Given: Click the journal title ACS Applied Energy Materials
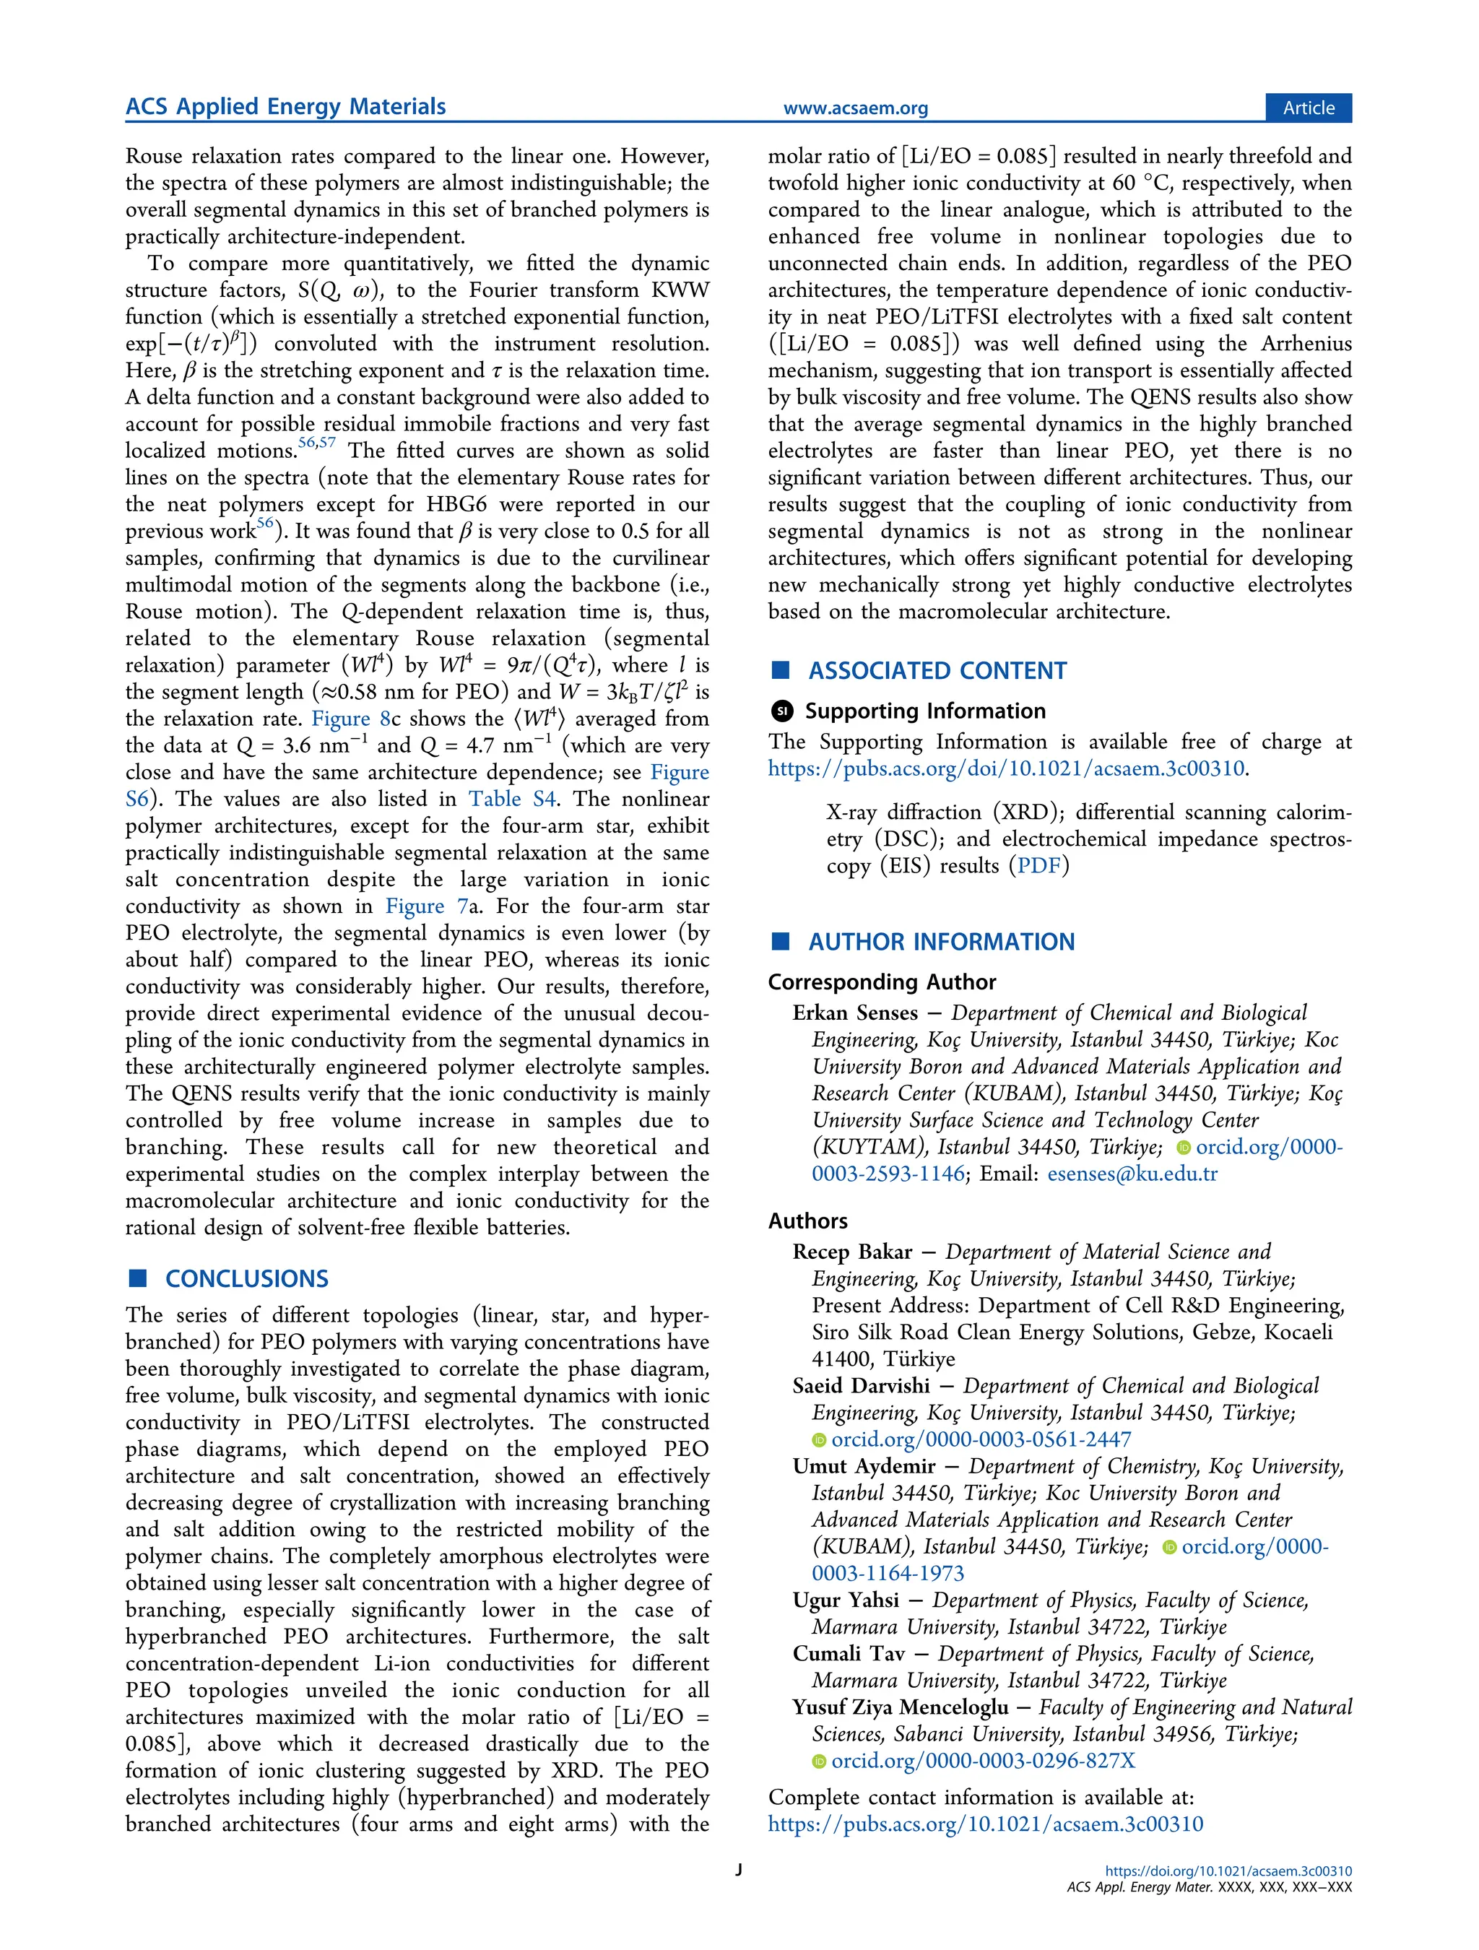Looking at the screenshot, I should click(285, 107).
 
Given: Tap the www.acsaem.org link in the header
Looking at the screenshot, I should click(855, 108).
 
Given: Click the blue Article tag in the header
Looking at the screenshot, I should click(1308, 108).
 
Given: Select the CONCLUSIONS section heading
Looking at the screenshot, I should click(247, 1278).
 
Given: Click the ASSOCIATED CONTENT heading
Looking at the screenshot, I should click(937, 671).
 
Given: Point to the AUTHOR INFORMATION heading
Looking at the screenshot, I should click(941, 942).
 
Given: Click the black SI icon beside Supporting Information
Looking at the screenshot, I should click(782, 711).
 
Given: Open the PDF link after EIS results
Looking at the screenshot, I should click(1039, 866).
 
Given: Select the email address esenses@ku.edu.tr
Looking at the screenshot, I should click(1132, 1174).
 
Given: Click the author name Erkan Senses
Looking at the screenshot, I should click(855, 1013).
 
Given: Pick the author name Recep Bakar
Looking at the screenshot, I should click(852, 1252).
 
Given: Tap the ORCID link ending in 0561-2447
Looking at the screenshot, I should click(980, 1439).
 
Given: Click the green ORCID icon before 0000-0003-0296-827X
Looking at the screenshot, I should click(819, 1761).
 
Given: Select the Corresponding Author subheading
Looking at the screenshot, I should click(882, 982).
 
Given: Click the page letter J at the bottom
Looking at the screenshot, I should click(739, 1870).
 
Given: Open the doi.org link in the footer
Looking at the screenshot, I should click(1228, 1871).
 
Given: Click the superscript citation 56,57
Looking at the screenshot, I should click(316, 443).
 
